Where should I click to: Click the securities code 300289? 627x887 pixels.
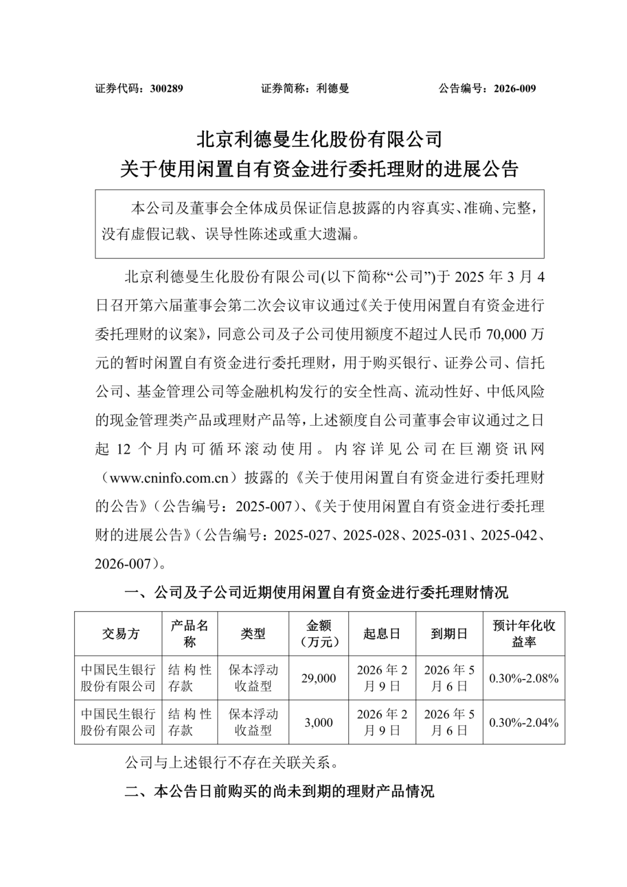(166, 89)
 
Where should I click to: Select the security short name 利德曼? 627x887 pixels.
(333, 89)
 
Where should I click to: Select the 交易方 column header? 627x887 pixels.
(121, 634)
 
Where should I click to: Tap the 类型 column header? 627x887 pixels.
(253, 634)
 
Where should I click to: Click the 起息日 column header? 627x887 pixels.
(381, 634)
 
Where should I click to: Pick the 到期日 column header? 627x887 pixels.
(449, 634)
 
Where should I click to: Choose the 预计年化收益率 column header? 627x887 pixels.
(524, 634)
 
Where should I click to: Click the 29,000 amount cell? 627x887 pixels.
(318, 678)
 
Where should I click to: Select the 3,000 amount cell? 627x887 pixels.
(318, 723)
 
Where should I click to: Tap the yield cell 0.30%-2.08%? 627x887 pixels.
(524, 678)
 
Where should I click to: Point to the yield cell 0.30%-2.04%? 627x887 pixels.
(524, 723)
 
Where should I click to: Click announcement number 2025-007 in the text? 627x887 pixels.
(263, 506)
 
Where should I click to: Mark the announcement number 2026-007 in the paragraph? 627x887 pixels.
(125, 563)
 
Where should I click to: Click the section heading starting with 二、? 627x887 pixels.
(279, 791)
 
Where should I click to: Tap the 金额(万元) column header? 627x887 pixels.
(318, 634)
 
